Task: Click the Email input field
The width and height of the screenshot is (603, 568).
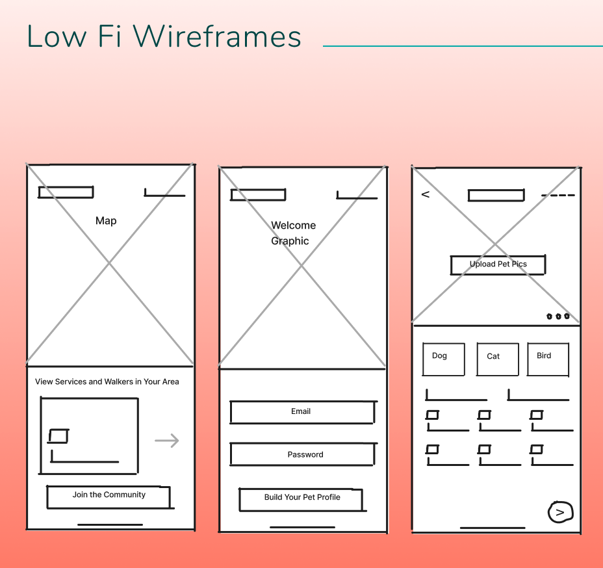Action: [302, 412]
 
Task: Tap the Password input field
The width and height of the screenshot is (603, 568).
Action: [303, 454]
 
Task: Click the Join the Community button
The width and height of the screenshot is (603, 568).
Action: [109, 496]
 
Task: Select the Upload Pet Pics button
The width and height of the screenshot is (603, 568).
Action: [498, 265]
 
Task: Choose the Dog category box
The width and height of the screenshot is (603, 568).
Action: [443, 359]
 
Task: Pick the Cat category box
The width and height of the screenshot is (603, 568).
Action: [497, 359]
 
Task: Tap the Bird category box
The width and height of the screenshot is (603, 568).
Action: [548, 359]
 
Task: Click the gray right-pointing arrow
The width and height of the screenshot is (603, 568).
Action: [167, 441]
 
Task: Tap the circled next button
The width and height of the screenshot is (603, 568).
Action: [560, 512]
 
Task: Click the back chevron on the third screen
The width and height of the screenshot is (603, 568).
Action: [426, 194]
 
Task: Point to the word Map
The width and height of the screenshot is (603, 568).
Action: [106, 221]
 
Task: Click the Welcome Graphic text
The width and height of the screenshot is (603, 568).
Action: [293, 233]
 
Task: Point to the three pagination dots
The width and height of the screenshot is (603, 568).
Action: [558, 316]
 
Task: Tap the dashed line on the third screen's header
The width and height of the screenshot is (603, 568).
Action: [558, 196]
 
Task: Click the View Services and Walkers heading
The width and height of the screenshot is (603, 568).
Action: [107, 381]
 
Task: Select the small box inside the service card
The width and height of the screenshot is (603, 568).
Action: [58, 436]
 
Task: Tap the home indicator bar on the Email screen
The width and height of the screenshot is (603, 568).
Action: [302, 527]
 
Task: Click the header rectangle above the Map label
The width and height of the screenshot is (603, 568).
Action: [66, 192]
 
